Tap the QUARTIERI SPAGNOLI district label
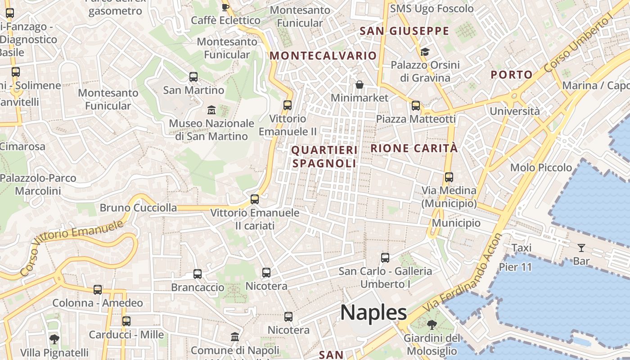(x=324, y=157)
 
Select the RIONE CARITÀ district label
(x=414, y=148)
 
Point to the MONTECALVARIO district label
(x=323, y=56)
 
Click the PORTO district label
(x=512, y=75)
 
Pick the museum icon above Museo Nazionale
(x=211, y=110)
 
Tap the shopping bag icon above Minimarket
(x=360, y=85)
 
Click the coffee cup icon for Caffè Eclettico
(x=225, y=7)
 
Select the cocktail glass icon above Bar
(x=581, y=247)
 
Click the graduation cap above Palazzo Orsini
(x=425, y=52)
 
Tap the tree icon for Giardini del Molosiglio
(x=432, y=324)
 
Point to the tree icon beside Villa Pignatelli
(x=54, y=339)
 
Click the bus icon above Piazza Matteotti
(x=416, y=106)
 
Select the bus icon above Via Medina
(x=449, y=177)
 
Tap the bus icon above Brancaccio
(x=198, y=274)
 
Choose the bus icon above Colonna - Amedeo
(x=98, y=289)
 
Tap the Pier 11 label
(x=515, y=267)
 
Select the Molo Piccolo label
(x=541, y=168)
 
